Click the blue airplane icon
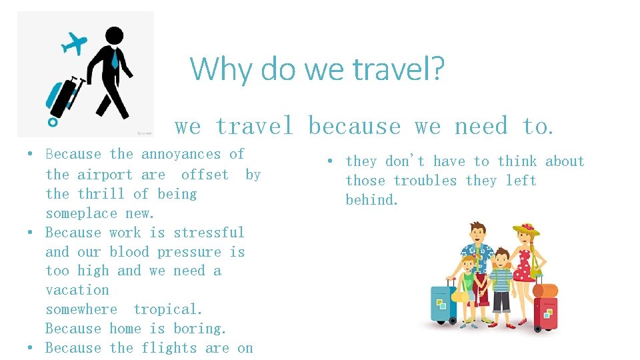[x=74, y=43]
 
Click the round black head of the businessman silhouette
[x=114, y=36]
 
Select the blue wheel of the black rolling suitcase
[x=53, y=122]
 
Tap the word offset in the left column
[x=205, y=175]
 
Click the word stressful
[x=209, y=233]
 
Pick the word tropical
[x=167, y=309]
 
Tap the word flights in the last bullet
[x=169, y=348]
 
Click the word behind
[x=371, y=200]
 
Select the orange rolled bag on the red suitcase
[x=545, y=291]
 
